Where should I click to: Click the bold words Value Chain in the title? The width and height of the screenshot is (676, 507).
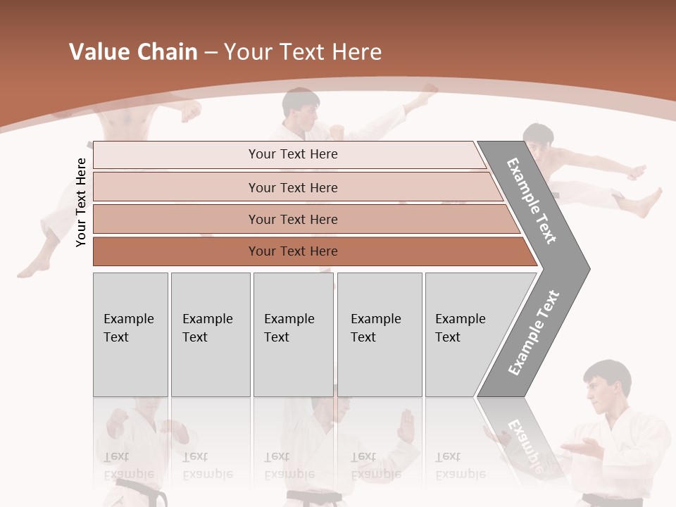[133, 52]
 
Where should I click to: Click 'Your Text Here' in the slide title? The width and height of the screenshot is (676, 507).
[303, 52]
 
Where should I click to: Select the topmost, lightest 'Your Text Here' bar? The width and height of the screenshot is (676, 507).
[292, 154]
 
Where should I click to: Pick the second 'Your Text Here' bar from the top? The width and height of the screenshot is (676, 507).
[292, 187]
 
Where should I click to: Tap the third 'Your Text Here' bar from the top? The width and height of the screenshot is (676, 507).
[292, 219]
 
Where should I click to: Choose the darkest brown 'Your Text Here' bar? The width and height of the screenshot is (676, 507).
[292, 251]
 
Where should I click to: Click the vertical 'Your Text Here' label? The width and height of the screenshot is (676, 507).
[81, 202]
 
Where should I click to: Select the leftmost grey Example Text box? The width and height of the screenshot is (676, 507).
[130, 334]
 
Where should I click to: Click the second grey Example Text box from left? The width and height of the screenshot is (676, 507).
[210, 334]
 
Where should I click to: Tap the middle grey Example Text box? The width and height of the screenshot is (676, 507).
[293, 334]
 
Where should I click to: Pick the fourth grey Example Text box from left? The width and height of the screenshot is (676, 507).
[380, 334]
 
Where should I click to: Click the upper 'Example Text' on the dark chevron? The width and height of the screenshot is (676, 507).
[532, 201]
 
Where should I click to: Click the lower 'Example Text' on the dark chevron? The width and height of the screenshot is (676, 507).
[534, 333]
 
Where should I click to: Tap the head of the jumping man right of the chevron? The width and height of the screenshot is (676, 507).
[539, 143]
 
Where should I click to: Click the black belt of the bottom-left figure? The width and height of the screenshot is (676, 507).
[141, 493]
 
